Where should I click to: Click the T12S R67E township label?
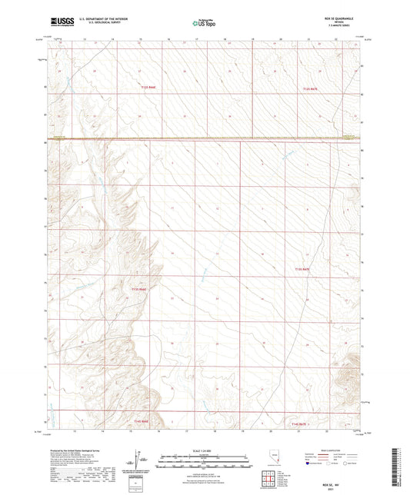(x=310, y=89)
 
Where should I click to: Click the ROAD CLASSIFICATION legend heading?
(x=328, y=451)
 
